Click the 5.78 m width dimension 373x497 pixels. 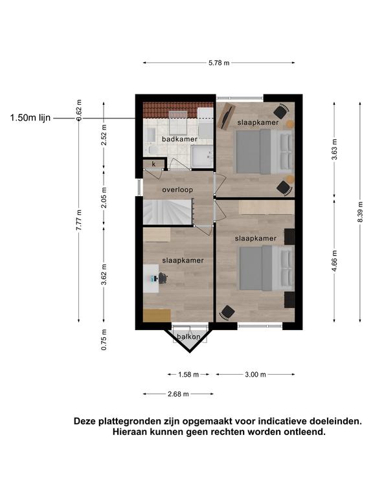pos(219,63)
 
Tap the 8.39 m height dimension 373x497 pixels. pos(360,212)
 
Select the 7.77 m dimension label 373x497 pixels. pos(79,220)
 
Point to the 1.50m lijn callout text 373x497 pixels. pos(30,118)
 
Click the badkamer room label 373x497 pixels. pos(179,139)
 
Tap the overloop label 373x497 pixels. pos(177,190)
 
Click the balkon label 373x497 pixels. pos(188,337)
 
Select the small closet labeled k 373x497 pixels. pos(154,164)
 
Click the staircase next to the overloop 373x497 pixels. pos(168,212)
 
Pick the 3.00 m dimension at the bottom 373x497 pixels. pos(255,375)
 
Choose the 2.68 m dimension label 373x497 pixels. pos(178,394)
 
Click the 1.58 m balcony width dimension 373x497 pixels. pos(188,375)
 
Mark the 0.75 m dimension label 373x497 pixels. pos(104,340)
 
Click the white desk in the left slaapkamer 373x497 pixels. pos(151,279)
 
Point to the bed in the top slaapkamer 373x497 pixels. pos(265,151)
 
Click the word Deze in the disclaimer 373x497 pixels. pos(85,421)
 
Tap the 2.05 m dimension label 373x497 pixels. pos(104,198)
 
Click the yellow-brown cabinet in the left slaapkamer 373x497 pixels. pos(157,315)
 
